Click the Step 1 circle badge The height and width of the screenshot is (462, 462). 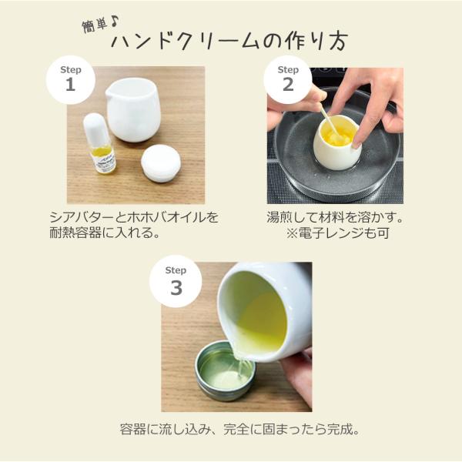[71, 79]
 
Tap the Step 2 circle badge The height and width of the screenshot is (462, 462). [288, 79]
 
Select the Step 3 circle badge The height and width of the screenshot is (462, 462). [176, 281]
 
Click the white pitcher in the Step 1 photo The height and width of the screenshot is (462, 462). [132, 109]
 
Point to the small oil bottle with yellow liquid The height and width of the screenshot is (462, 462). [99, 143]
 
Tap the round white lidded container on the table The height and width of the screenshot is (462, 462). [161, 163]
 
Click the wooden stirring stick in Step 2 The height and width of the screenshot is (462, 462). [330, 121]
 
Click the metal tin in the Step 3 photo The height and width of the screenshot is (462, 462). [226, 370]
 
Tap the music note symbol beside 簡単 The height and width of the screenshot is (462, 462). [115, 22]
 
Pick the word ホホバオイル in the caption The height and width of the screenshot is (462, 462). [165, 218]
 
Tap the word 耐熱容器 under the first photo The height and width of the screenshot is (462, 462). [75, 233]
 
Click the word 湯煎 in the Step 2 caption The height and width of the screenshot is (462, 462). [280, 218]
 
